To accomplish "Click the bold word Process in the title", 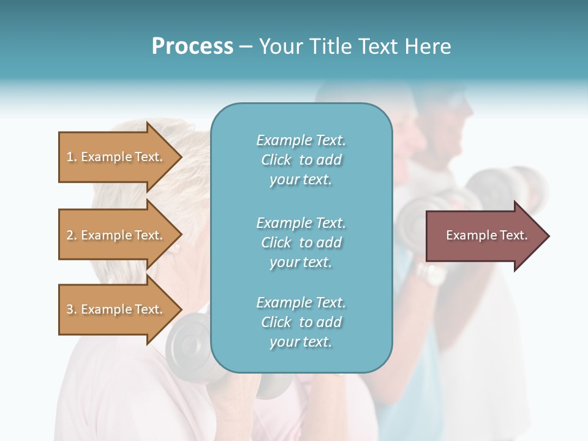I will (x=192, y=47).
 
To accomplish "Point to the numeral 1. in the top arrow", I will (x=72, y=157).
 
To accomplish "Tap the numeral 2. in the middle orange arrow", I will (x=72, y=235).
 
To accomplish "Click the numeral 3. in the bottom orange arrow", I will (x=72, y=309).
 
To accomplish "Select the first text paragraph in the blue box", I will (x=301, y=160).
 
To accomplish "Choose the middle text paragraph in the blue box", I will (x=301, y=243).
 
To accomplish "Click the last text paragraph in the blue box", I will (x=301, y=322).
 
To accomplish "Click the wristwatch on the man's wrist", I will (x=431, y=273).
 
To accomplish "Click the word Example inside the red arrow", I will (x=468, y=235).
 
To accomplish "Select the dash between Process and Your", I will (x=246, y=47).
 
